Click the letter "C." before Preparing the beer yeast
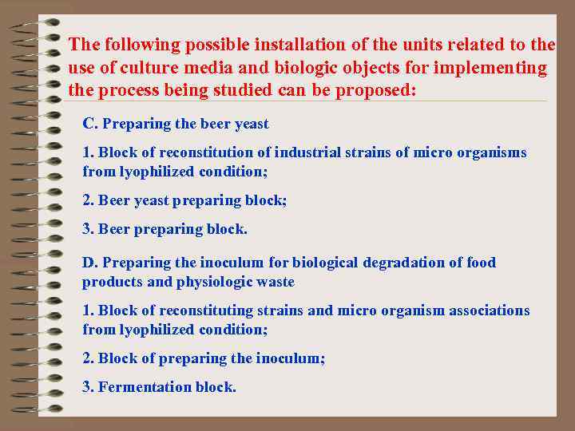pyautogui.click(x=90, y=124)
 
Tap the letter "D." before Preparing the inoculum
pyautogui.click(x=90, y=263)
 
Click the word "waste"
pyautogui.click(x=276, y=282)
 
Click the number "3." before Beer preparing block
pyautogui.click(x=88, y=229)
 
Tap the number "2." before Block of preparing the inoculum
pyautogui.click(x=88, y=358)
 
